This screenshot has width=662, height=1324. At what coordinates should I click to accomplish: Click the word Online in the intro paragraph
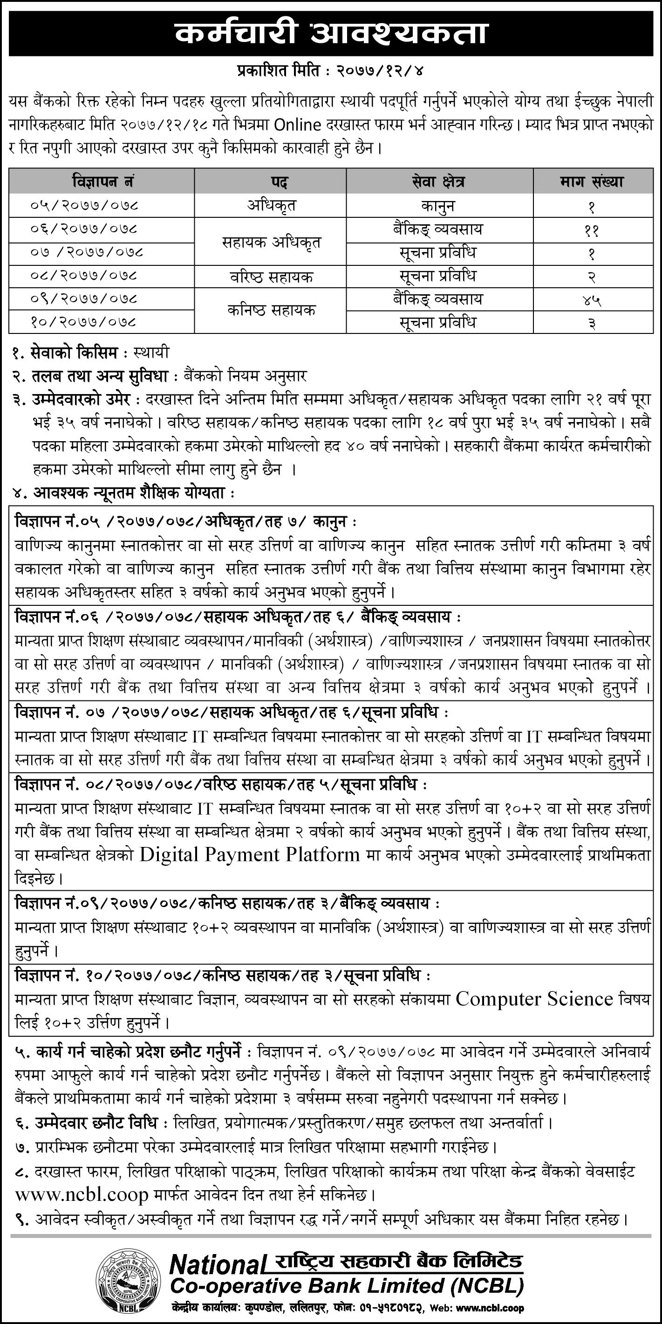[x=297, y=125]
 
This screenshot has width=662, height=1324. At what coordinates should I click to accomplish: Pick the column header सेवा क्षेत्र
[x=439, y=181]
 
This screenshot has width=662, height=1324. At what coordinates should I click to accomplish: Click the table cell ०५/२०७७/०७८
[x=85, y=206]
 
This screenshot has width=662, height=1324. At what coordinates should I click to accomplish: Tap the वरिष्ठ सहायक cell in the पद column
[x=271, y=277]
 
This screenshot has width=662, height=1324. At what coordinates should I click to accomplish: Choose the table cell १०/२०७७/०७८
[x=85, y=323]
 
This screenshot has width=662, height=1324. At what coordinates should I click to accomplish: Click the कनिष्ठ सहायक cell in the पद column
[x=271, y=311]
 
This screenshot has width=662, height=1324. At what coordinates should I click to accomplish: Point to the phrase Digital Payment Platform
[x=250, y=855]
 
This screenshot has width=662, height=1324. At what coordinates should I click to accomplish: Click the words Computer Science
[x=534, y=998]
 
